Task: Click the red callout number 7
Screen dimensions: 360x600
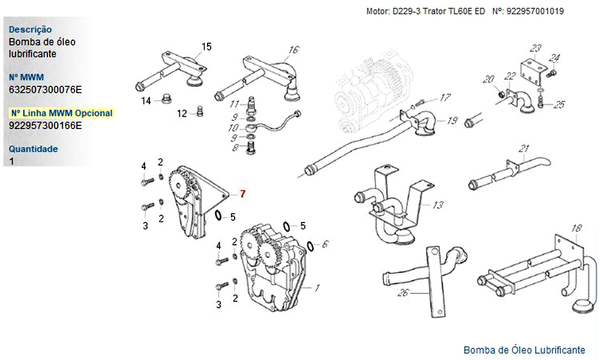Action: pos(243,193)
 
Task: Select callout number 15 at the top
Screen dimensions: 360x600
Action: pos(206,46)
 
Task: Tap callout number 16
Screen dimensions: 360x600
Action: pos(294,50)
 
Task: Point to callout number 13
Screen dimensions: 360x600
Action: pos(438,205)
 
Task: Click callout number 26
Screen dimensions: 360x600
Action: pos(403,293)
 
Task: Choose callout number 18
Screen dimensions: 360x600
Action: pos(576,228)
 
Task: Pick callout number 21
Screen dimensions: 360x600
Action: pos(524,149)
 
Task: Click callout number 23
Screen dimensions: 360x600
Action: pos(536,48)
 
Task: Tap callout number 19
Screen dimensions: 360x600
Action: pos(452,121)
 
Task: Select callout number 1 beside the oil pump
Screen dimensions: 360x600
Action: pos(317,287)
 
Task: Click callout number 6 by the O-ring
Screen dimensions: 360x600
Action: pos(325,244)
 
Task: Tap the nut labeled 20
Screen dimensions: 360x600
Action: pos(499,95)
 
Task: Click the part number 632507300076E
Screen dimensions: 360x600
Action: pos(45,89)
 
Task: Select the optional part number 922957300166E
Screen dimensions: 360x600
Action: pos(45,125)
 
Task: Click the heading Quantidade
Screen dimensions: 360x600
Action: pos(33,149)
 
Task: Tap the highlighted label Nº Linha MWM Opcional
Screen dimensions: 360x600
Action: pos(62,113)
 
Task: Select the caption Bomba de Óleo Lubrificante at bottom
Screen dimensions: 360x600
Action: pos(524,350)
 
